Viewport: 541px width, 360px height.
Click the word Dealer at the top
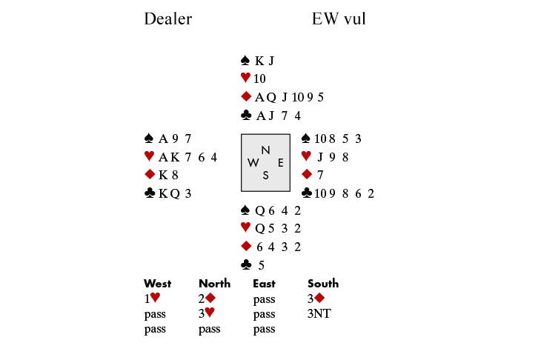pyautogui.click(x=167, y=19)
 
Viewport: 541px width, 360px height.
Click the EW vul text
pyautogui.click(x=339, y=19)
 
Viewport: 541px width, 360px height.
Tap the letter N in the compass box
pyautogui.click(x=265, y=150)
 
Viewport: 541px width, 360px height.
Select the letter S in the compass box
pyautogui.click(x=265, y=175)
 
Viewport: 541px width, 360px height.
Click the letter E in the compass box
pyautogui.click(x=280, y=162)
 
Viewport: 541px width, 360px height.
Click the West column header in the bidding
pyautogui.click(x=157, y=283)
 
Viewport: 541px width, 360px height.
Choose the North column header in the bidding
pyautogui.click(x=214, y=283)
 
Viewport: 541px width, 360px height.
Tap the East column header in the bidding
pyautogui.click(x=265, y=283)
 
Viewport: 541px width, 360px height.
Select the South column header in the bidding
pyautogui.click(x=323, y=283)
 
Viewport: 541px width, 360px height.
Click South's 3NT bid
pyautogui.click(x=319, y=314)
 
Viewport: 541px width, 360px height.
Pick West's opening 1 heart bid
pyautogui.click(x=152, y=299)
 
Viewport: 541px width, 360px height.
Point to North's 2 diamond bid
pyautogui.click(x=207, y=299)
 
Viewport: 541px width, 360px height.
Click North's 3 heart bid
pyautogui.click(x=207, y=314)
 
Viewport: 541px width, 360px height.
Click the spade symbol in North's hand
pyautogui.click(x=246, y=61)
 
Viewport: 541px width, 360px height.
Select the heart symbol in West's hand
pyautogui.click(x=149, y=156)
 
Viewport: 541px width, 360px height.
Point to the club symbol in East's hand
pyautogui.click(x=306, y=193)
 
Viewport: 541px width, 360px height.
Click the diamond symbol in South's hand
pyautogui.click(x=246, y=247)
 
